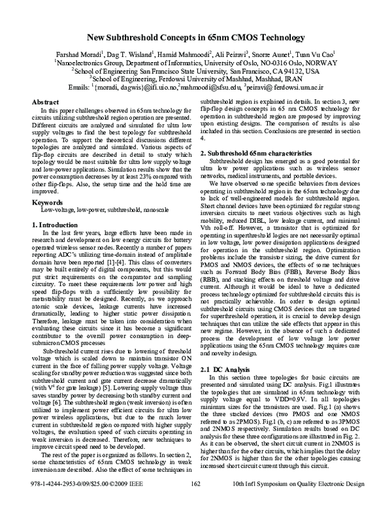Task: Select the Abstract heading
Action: tap(46, 103)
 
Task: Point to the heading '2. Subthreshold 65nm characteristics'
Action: tap(257, 152)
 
